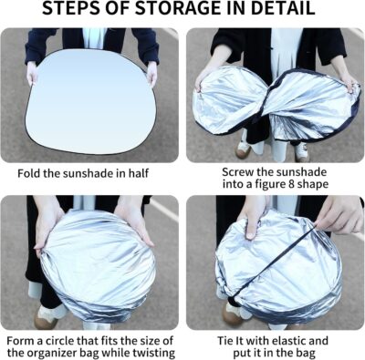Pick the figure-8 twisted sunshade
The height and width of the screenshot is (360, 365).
point(274,104)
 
